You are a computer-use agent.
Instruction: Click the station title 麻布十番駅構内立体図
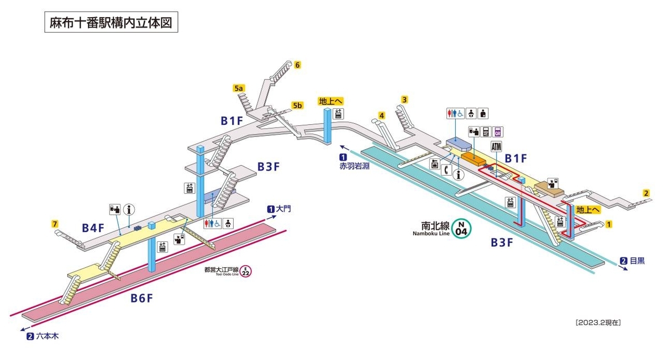111,22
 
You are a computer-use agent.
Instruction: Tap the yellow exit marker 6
297,65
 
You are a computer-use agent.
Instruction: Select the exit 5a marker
239,88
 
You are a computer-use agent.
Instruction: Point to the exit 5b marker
297,105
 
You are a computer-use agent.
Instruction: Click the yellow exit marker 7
55,224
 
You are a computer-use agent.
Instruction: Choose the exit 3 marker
404,100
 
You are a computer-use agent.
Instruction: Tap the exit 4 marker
382,115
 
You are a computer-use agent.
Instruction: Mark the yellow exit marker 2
646,193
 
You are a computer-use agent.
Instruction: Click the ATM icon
496,146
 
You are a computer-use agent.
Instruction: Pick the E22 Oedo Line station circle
245,271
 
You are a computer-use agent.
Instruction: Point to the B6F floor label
142,299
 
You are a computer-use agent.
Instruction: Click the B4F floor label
93,228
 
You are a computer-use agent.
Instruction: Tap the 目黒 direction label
638,261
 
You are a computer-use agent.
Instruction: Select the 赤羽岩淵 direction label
354,166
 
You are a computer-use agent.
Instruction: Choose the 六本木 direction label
48,336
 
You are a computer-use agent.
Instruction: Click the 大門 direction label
283,209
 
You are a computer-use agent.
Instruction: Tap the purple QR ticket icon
498,132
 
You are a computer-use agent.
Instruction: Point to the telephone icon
447,171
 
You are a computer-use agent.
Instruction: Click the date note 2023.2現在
598,322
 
